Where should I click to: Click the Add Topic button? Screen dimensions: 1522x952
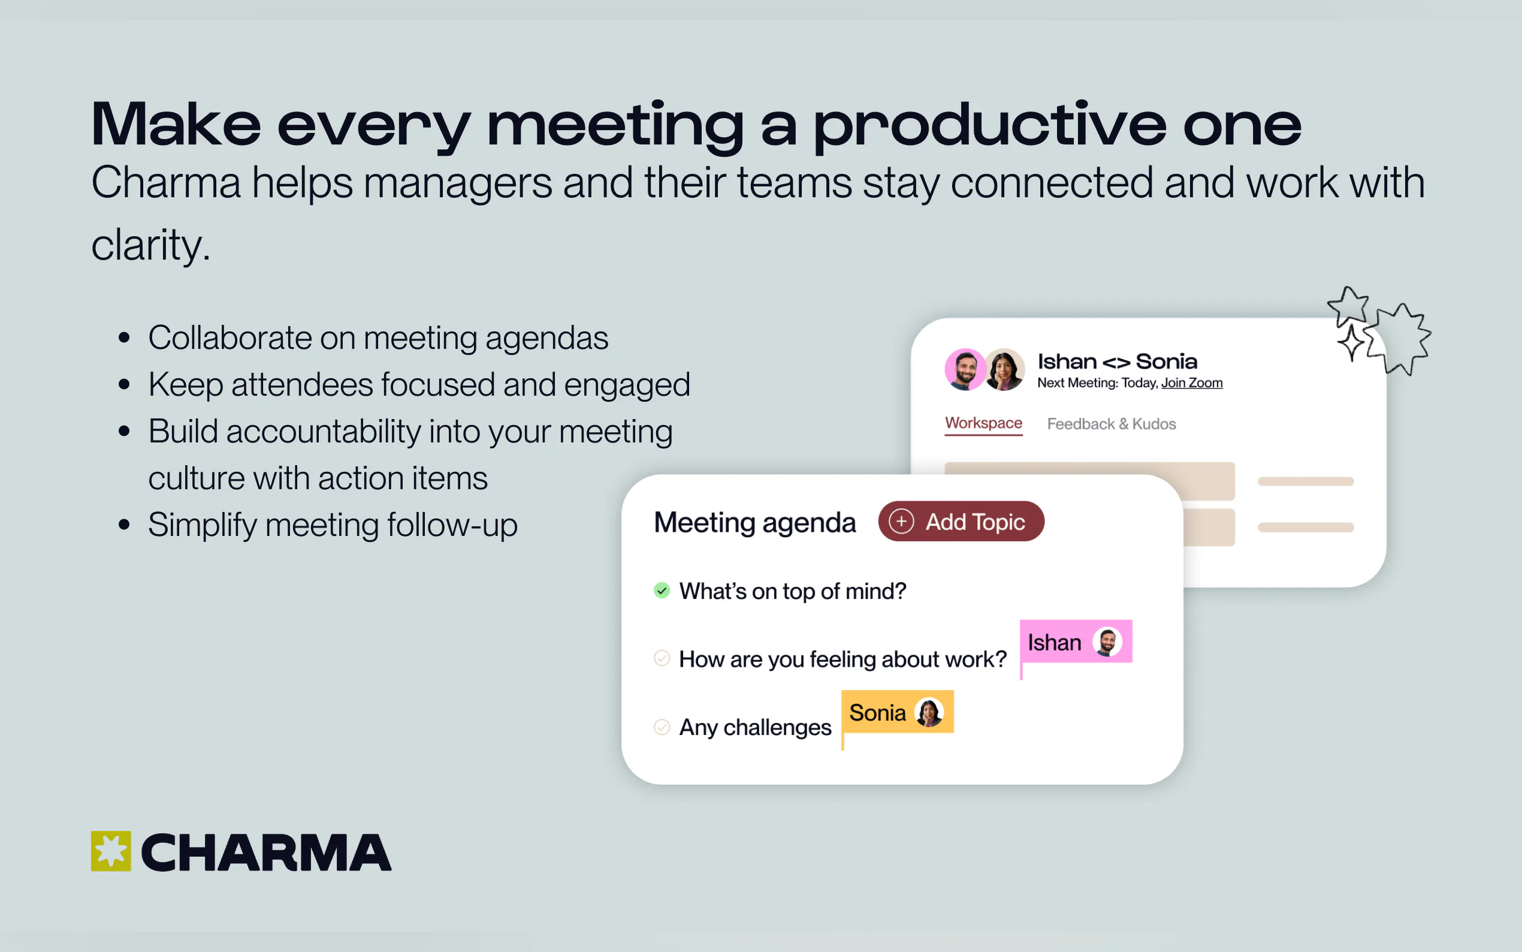click(961, 522)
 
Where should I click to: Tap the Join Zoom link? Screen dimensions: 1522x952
click(1192, 383)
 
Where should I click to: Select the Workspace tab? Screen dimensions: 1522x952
click(983, 423)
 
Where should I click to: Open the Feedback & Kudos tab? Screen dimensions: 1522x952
click(1111, 424)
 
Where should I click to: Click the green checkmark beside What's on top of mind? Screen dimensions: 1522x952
click(662, 591)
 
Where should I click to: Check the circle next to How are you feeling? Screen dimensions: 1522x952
click(662, 659)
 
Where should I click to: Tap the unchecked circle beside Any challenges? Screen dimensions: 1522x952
click(662, 727)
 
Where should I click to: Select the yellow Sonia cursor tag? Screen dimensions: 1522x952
click(897, 712)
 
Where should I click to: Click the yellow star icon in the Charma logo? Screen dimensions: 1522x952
click(111, 851)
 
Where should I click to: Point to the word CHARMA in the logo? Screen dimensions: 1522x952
click(266, 853)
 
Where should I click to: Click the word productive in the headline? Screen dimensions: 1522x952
click(990, 126)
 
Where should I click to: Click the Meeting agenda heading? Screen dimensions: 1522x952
click(755, 523)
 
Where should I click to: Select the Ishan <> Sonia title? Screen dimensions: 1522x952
click(1117, 361)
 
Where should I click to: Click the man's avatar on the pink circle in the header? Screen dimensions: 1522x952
click(965, 370)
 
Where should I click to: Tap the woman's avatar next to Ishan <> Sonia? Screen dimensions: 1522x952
click(1004, 370)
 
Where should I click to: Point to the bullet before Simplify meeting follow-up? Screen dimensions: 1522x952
click(124, 525)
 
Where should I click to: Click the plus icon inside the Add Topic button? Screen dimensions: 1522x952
click(901, 522)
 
